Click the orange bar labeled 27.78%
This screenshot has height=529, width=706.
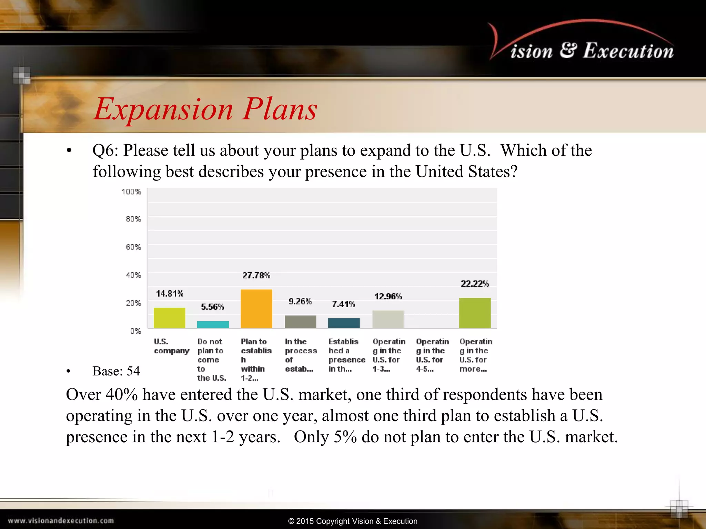pos(256,309)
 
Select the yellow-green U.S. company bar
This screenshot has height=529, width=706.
pos(169,318)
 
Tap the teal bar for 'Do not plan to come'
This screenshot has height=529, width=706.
pos(213,324)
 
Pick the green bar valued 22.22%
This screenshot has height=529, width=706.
pos(475,313)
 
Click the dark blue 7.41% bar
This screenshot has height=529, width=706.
pos(344,323)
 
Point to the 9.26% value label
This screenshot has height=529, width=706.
pos(300,301)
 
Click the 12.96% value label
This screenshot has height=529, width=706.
pos(388,296)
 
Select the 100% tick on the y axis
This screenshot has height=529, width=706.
pos(131,191)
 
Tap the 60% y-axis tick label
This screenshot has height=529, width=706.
pos(133,247)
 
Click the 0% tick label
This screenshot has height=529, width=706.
pos(135,331)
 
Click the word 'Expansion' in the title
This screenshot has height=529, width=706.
pos(164,109)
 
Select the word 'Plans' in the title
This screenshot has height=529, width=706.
pos(279,109)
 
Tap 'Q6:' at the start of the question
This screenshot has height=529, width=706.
pos(105,151)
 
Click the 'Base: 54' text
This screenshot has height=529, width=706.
pos(116,371)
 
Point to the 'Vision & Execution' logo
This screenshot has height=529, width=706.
pos(583,45)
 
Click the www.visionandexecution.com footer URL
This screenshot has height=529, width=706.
pos(61,521)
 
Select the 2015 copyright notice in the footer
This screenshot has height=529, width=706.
pos(353,521)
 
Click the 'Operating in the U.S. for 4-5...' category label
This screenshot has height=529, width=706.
pos(432,355)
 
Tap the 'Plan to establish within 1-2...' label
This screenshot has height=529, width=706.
pos(256,360)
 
